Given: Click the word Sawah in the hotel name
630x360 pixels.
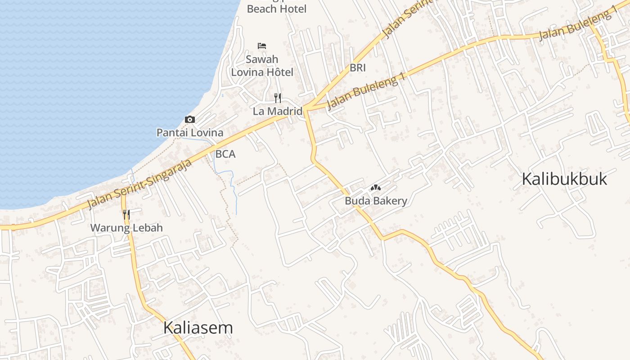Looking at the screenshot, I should tap(262, 59).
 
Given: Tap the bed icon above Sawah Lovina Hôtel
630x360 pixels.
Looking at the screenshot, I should tap(262, 46).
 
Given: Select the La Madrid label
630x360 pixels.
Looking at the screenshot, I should tap(277, 111).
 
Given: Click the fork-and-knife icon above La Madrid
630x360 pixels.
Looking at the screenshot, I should tap(278, 98).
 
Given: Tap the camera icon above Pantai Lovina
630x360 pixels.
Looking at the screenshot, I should tap(190, 119).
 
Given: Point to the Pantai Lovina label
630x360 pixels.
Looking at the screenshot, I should tap(190, 132).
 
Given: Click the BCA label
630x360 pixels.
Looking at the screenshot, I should tap(225, 154).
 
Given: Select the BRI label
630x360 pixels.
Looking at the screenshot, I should tap(358, 68).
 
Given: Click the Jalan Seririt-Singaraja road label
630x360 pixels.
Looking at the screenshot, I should tap(139, 184).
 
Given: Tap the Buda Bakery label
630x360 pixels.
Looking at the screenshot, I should tap(376, 201).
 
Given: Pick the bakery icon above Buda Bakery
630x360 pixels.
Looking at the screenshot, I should tap(375, 188).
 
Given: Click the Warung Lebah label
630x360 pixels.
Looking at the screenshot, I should tap(126, 228).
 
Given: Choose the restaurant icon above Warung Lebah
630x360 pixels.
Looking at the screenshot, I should tap(126, 214).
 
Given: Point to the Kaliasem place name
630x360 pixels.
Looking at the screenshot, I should tap(198, 328).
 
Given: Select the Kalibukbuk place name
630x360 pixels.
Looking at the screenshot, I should tap(564, 179).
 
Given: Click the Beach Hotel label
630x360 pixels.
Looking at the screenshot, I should tap(276, 9).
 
